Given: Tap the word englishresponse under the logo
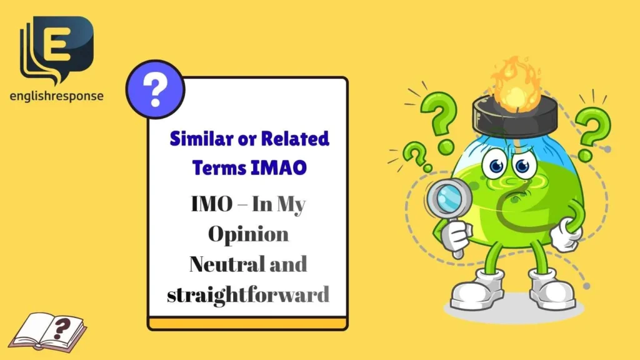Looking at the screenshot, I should pos(56,96).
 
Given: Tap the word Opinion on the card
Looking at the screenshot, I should pos(248,234).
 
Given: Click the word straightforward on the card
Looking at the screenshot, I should pos(248,293).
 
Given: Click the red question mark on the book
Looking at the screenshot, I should pos(62,326).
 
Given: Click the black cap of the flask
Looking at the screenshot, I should pos(514,116).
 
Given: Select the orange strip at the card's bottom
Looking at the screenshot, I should pos(247,324).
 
